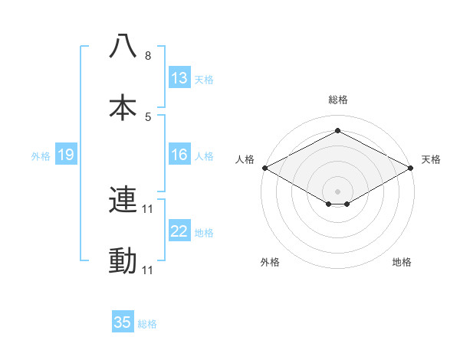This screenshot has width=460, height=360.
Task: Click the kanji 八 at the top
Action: point(123,47)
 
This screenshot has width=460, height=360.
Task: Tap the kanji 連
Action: point(123,200)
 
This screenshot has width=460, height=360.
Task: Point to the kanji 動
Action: point(123,261)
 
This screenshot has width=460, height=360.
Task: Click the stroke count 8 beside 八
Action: point(148,56)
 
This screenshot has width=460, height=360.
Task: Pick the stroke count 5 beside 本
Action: point(148,117)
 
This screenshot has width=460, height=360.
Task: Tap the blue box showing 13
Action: point(179,78)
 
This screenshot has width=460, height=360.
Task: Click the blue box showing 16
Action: point(179,155)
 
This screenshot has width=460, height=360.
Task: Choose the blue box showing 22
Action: point(179,231)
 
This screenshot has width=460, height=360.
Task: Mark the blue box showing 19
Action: point(66,155)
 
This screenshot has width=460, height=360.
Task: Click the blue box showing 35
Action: point(123,322)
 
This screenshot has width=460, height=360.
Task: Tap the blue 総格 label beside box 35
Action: point(148,324)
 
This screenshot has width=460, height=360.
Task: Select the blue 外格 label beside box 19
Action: point(41,155)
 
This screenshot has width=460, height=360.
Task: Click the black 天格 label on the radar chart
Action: point(431,159)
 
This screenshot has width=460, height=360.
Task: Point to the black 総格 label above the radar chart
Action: point(338,100)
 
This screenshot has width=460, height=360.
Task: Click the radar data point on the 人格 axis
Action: point(264,168)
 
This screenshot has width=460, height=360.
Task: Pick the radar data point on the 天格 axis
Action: point(412,168)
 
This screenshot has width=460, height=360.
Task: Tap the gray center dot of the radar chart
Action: point(338,191)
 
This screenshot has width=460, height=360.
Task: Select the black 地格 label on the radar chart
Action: point(402,262)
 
